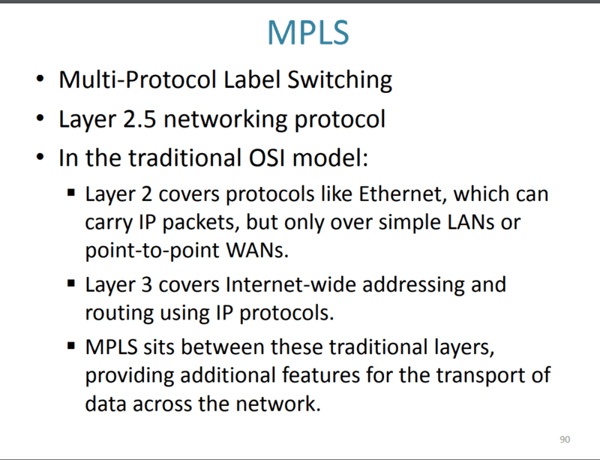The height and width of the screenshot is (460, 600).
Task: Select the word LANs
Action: [x=462, y=224]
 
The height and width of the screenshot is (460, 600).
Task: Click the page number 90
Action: [x=565, y=439]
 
